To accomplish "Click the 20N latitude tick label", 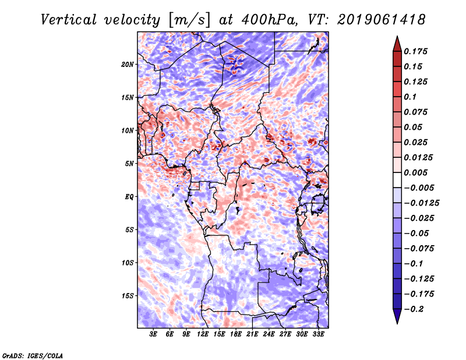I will click(128, 64).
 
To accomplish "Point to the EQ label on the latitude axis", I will click(129, 197).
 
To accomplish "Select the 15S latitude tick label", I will click(128, 296).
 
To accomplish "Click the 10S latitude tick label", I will click(128, 263).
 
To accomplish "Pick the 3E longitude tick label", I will click(154, 335).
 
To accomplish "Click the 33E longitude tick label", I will click(319, 335).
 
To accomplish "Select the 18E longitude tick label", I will click(236, 335).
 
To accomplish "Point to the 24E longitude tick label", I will click(269, 335).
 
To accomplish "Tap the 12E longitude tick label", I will click(203, 335).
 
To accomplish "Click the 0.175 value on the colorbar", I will click(416, 51).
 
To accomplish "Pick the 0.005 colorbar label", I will click(416, 172).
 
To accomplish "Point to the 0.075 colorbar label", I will click(416, 112).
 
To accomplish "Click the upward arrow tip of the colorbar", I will click(396, 39).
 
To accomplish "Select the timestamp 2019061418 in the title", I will click(373, 20).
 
